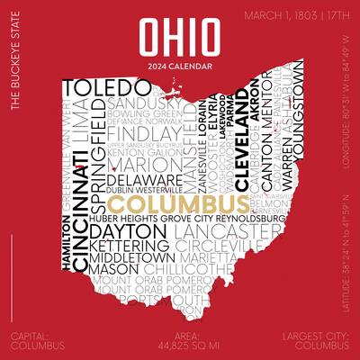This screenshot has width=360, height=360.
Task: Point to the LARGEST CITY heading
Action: point(314,337)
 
